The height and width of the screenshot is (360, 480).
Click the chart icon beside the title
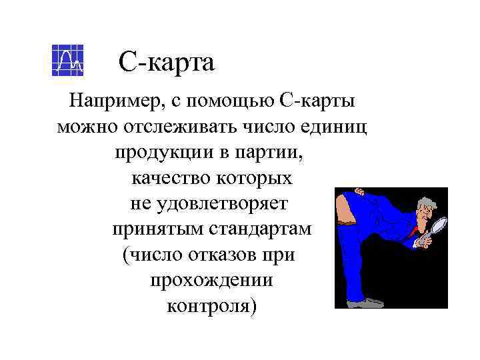[x=67, y=61]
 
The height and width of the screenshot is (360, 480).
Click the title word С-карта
[x=167, y=63]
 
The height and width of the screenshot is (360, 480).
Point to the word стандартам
[x=261, y=229]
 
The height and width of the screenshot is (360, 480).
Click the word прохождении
[x=211, y=279]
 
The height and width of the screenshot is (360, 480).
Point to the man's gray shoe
[x=365, y=303]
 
